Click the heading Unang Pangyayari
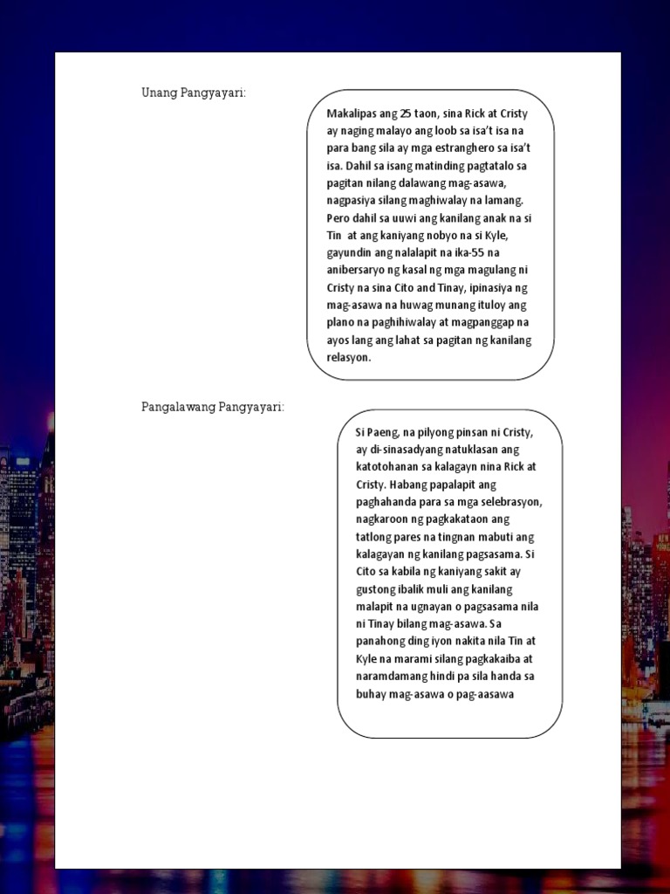pyautogui.click(x=194, y=93)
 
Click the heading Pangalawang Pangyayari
pyautogui.click(x=213, y=407)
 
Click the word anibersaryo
pyautogui.click(x=357, y=271)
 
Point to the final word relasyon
pyautogui.click(x=349, y=358)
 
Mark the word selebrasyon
pyautogui.click(x=509, y=502)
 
